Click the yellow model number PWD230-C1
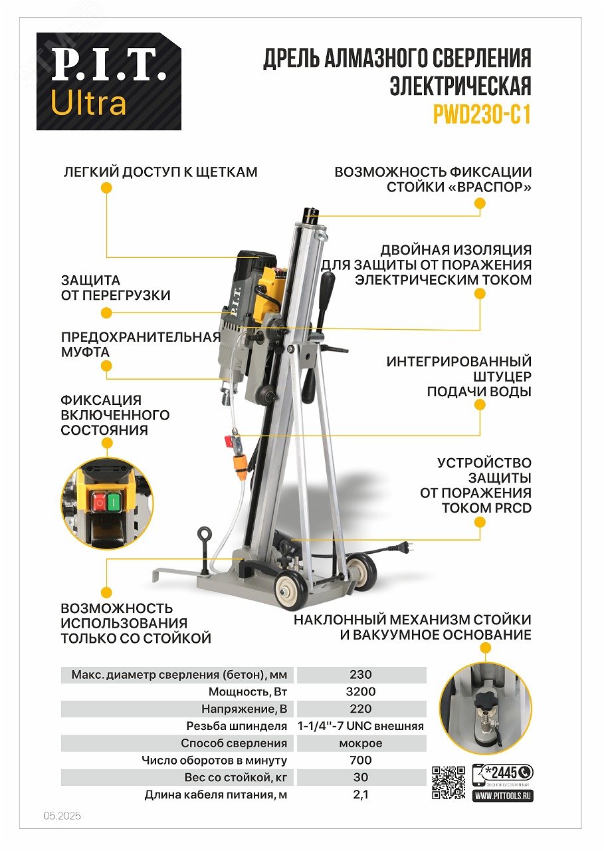point(482,115)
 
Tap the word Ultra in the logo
point(88,102)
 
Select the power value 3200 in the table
point(361,691)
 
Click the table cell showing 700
point(361,760)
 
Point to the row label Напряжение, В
point(244,709)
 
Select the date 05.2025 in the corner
point(62,816)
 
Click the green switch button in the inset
point(113,502)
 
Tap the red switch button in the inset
point(99,502)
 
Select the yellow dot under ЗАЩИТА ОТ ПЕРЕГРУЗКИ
point(107,312)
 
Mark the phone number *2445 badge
point(502,773)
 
